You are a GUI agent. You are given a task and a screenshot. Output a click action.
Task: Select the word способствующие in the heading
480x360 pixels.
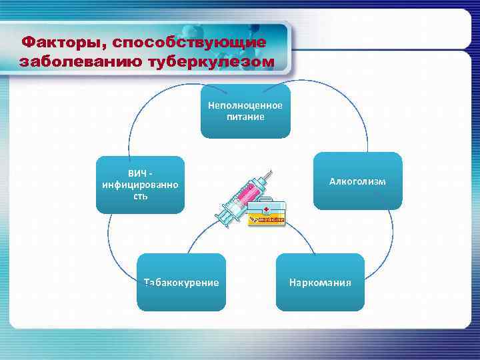click(x=189, y=43)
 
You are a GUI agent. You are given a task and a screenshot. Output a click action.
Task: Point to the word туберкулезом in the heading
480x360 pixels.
click(x=217, y=62)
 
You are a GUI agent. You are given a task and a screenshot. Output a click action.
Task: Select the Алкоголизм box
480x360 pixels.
click(x=357, y=181)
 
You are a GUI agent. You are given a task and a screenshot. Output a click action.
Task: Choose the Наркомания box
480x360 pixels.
click(x=320, y=282)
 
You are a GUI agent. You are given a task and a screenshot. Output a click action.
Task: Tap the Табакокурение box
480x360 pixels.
click(x=181, y=282)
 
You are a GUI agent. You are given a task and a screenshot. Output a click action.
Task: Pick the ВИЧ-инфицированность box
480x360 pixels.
click(x=140, y=185)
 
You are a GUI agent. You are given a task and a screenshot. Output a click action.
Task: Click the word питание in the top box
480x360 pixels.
click(x=245, y=117)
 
